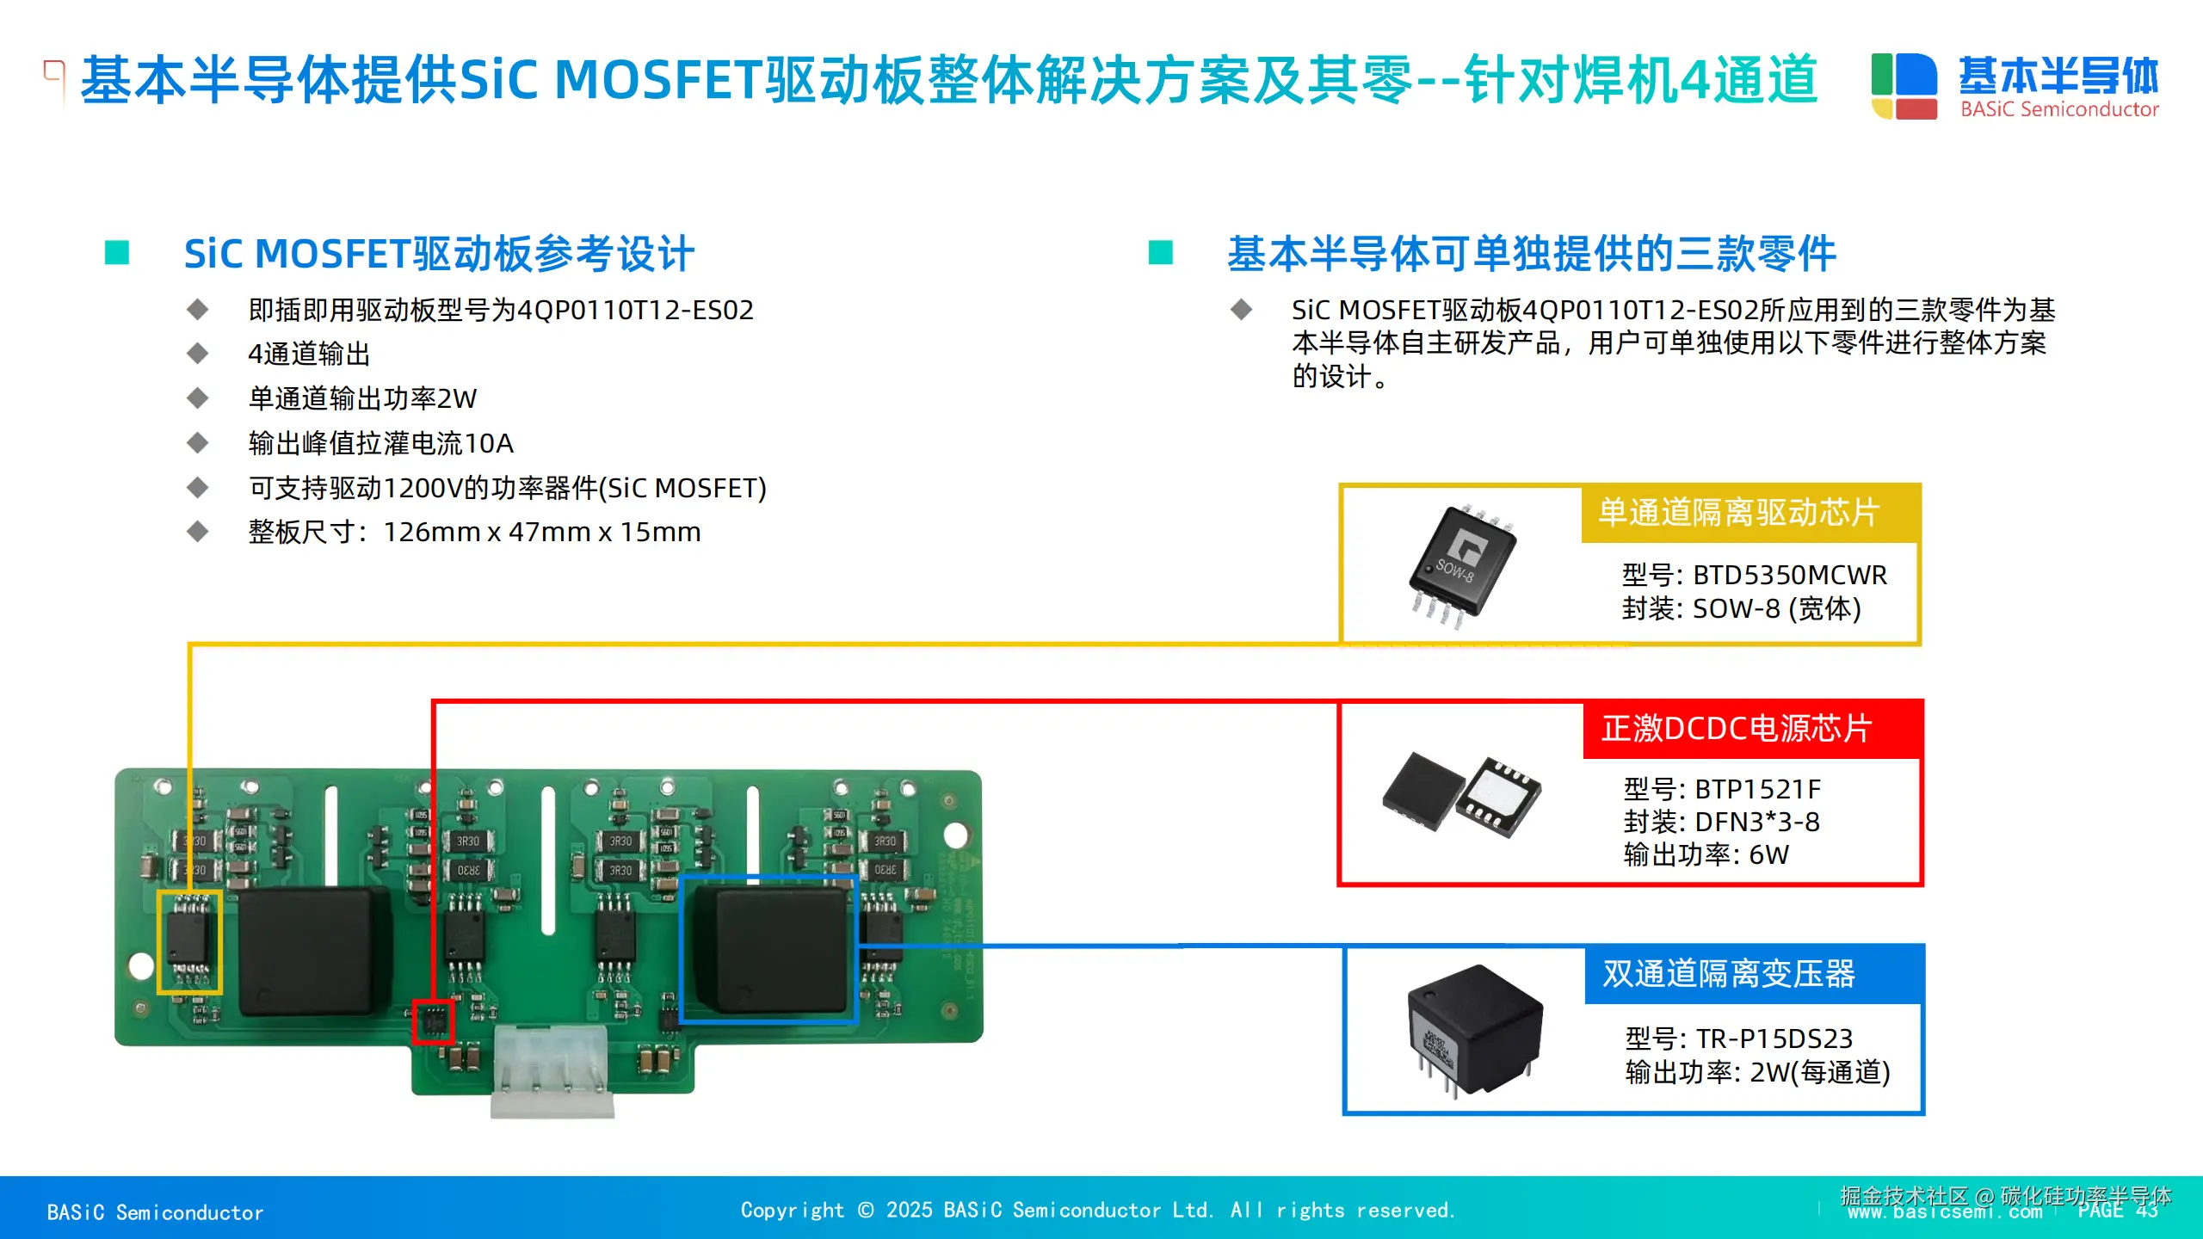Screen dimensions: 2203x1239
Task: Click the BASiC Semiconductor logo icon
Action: [1904, 85]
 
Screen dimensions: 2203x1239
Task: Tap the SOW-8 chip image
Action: [1461, 565]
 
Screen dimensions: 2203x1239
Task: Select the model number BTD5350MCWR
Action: [1789, 575]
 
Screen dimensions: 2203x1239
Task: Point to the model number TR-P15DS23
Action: [1774, 1039]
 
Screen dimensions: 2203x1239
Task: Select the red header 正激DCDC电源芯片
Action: [1737, 729]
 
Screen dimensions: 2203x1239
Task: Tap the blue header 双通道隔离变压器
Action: [1729, 974]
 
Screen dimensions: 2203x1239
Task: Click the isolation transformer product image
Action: [1474, 1028]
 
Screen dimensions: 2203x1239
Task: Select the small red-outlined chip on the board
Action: [432, 1021]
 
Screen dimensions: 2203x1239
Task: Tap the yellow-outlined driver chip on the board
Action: [189, 942]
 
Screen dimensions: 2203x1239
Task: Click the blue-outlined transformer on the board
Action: [768, 949]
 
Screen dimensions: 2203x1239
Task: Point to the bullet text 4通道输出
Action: [309, 354]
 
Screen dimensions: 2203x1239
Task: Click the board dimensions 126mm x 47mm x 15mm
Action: [541, 533]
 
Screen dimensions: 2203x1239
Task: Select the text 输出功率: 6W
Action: [1706, 855]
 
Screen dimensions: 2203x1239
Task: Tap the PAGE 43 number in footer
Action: [2117, 1210]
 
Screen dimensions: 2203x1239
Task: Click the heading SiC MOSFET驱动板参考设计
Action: [439, 254]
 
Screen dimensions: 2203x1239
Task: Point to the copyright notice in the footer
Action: [1097, 1211]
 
